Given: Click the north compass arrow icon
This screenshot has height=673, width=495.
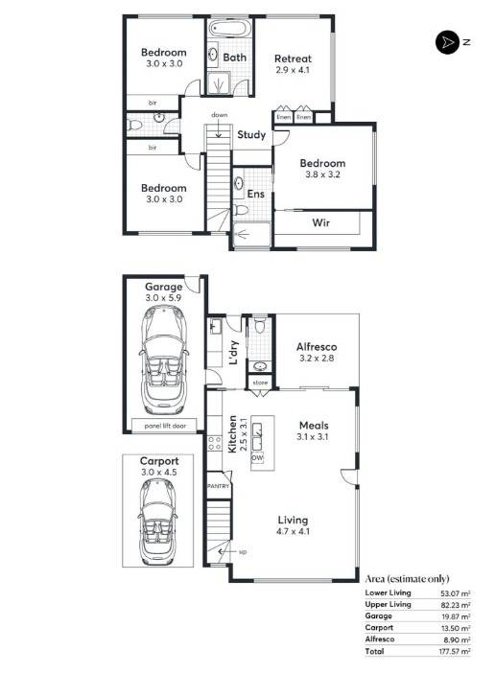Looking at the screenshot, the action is point(447,42).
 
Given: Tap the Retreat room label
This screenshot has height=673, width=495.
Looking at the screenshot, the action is point(293,58).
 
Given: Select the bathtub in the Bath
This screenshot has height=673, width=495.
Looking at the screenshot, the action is point(228,29).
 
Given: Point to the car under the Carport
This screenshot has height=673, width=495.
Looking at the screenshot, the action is point(157,522).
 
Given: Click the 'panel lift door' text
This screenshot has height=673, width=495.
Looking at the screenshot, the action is point(165,426).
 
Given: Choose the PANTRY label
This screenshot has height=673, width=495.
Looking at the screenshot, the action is point(219,486).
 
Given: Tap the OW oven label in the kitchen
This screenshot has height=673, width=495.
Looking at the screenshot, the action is point(257,458).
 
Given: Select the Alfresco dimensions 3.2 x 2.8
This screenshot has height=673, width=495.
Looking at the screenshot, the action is point(316,358).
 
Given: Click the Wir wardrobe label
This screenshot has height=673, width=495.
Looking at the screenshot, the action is point(321,222).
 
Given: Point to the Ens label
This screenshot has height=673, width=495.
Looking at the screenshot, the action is point(256,194).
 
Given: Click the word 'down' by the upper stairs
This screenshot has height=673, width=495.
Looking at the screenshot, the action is point(220,115).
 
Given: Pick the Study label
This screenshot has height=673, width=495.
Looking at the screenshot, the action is point(251,135).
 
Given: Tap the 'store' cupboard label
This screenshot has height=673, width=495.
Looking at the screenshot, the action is point(260,383).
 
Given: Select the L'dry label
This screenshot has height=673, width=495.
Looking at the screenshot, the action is point(233,353).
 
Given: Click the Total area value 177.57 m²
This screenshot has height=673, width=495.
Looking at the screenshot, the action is point(454,652).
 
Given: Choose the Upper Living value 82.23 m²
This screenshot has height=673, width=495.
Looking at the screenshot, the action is point(456,605).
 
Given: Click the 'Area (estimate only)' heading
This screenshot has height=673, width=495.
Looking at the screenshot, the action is point(407,579).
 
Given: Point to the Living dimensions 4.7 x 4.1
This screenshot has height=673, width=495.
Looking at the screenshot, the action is point(294,531).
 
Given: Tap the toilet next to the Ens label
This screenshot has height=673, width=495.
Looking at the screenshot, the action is point(241,210).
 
